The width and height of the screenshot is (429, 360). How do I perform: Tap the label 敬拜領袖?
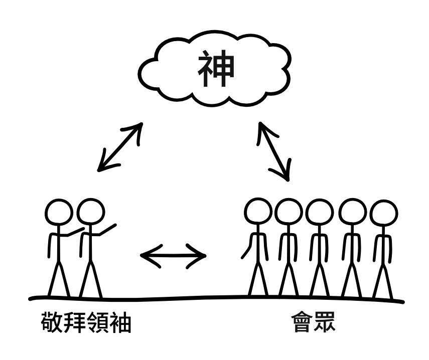[x=86, y=323]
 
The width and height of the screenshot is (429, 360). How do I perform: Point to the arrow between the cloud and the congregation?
[x=274, y=150]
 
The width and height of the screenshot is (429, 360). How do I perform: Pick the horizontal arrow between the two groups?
[x=173, y=256]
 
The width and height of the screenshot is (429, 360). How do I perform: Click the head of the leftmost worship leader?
[x=59, y=213]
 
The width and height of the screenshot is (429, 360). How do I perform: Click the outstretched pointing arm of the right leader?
[x=105, y=230]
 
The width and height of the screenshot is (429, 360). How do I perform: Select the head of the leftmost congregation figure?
[x=258, y=211]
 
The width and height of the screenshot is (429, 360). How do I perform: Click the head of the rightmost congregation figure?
[x=384, y=213]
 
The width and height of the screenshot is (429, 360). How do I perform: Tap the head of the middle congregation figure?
[x=320, y=212]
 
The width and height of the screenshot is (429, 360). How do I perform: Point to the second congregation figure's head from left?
[x=289, y=212]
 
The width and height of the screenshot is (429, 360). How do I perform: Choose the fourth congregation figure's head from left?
[x=352, y=212]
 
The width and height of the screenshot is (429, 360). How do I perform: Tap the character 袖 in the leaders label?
[x=120, y=323]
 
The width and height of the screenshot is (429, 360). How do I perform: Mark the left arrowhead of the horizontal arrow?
[x=146, y=256]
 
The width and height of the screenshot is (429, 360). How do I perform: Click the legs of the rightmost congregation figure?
[x=383, y=281]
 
